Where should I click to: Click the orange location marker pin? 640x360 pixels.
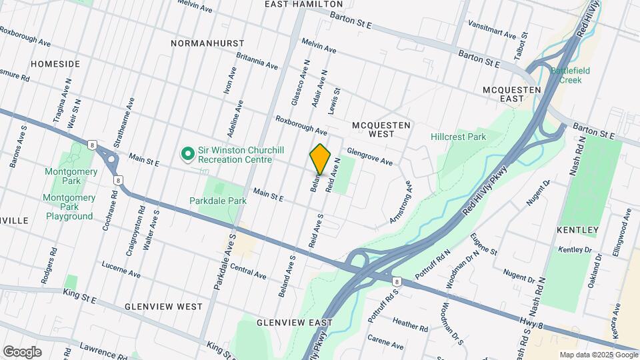[x=320, y=159]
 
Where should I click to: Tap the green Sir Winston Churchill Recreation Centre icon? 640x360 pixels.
[x=188, y=155]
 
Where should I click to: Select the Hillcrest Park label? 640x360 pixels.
[x=458, y=137]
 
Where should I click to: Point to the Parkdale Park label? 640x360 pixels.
[x=218, y=200]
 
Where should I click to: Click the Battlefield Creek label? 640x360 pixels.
[x=566, y=75]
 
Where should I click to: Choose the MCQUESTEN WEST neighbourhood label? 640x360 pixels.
[x=381, y=129]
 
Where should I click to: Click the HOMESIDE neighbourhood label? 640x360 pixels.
[x=55, y=64]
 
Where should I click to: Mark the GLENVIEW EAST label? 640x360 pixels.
[x=295, y=323]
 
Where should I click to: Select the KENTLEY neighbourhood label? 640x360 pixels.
[x=577, y=230]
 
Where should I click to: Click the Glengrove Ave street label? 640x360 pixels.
[x=369, y=157]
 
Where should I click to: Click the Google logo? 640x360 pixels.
[x=22, y=351]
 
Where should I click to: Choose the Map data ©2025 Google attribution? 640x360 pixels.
[x=598, y=355]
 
